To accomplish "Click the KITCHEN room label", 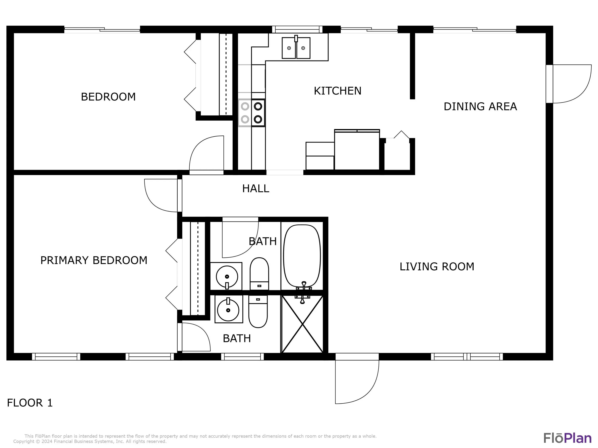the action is [338, 91].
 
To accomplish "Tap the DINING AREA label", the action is [480, 107].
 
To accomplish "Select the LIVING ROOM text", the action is [437, 267].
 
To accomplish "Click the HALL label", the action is [256, 189].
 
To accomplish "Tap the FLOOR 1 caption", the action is [30, 403].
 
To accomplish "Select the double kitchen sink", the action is [296, 48].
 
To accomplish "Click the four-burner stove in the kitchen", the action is [251, 113].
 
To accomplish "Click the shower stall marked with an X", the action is [302, 324].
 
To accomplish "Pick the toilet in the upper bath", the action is [259, 274].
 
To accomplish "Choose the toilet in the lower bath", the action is [258, 311].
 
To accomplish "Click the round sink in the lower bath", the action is [228, 309].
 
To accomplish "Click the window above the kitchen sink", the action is [297, 29].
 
